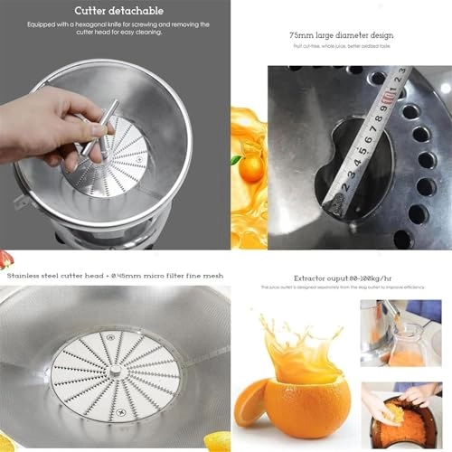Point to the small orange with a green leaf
[251, 166]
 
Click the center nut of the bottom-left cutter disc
[116, 372]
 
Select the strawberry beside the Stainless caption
[6, 260]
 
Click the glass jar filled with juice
[406, 342]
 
